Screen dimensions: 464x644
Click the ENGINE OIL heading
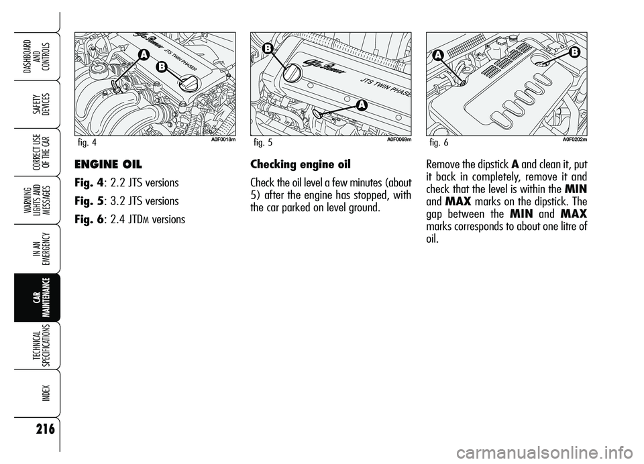[108, 164]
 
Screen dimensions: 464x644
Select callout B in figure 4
[162, 67]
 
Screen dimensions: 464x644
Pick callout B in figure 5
[267, 48]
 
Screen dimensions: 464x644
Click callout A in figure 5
[360, 105]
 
